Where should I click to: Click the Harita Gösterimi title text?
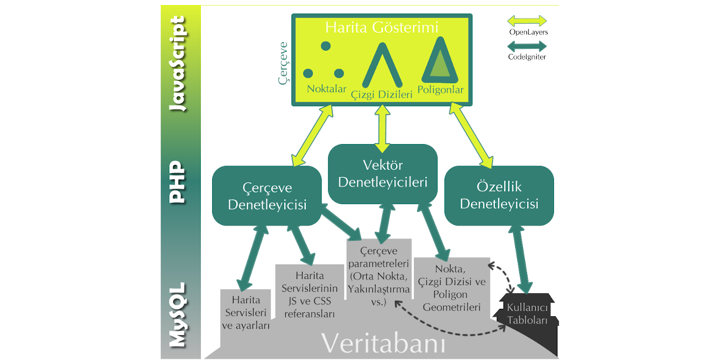381,27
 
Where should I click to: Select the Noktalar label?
326,89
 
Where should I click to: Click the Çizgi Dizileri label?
381,94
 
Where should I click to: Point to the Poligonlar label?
440,90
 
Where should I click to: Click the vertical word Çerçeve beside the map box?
283,62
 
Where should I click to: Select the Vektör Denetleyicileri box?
382,174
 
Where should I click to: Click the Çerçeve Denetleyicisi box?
267,196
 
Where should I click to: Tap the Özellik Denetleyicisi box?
499,195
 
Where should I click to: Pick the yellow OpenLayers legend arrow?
527,21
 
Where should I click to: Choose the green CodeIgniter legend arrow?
527,46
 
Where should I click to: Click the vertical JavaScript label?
179,64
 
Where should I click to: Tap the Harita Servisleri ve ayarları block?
245,312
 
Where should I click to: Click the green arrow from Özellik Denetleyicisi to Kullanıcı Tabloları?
521,259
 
